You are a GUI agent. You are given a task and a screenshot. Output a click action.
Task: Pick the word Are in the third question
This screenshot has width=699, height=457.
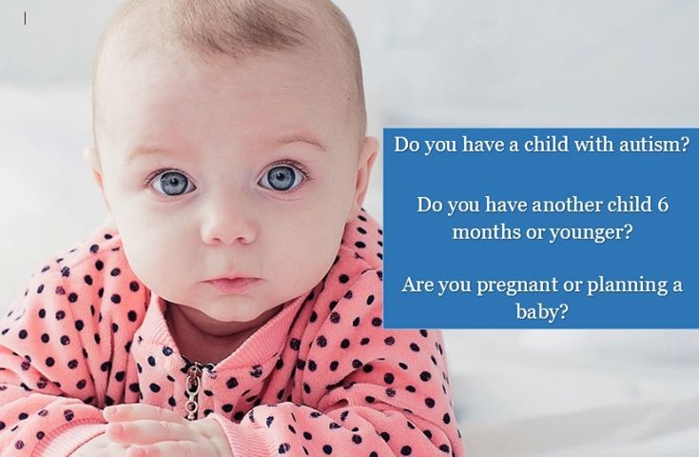(x=417, y=285)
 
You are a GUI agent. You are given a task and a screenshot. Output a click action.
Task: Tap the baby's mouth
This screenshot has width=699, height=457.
(x=231, y=283)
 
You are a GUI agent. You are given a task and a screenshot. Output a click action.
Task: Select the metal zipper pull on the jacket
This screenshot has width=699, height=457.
(x=192, y=389)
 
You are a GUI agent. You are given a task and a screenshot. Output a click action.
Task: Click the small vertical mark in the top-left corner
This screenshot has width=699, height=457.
(x=25, y=18)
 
